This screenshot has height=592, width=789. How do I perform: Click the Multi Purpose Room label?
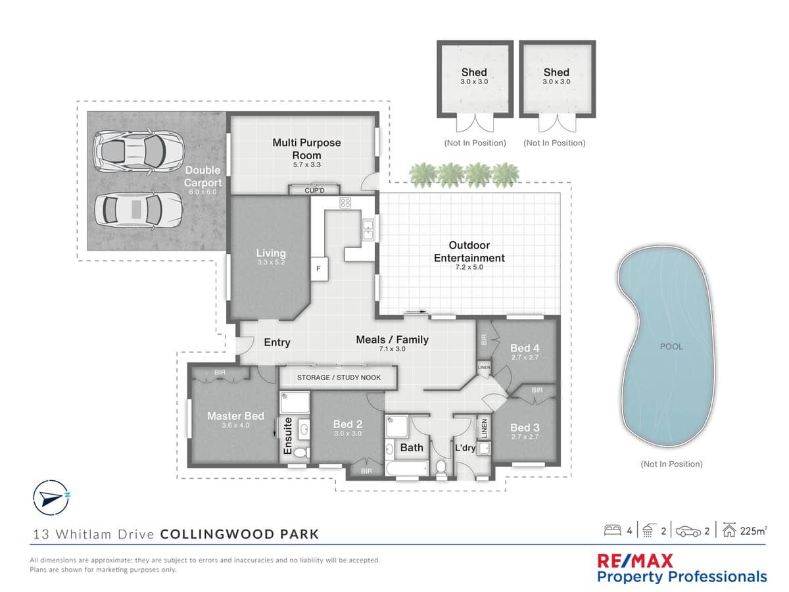click(x=306, y=149)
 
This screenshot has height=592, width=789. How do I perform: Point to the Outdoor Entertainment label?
click(x=469, y=252)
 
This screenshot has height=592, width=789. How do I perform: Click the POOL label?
click(x=671, y=347)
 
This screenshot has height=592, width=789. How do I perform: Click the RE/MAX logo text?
click(x=634, y=561)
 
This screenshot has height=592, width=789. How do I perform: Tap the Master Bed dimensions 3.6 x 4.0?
click(x=235, y=426)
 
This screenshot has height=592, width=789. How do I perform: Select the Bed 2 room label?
click(x=347, y=424)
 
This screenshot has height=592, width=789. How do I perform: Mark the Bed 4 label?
click(x=525, y=348)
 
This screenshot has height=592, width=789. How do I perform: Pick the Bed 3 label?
click(x=525, y=428)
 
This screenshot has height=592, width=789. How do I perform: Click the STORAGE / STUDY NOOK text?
click(x=339, y=378)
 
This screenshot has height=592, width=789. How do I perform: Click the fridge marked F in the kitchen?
click(x=318, y=268)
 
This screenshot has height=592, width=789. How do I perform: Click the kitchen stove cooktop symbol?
click(x=346, y=203)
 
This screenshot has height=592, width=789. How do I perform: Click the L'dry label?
click(x=466, y=448)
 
